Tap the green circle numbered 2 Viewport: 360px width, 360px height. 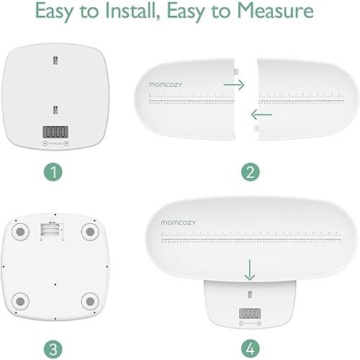coord(249,173)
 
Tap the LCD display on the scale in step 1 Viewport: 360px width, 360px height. coord(56,132)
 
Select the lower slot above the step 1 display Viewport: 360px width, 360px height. coord(56,109)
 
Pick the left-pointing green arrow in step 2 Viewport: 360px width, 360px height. coord(261,114)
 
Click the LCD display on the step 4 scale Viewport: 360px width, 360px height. coord(249,314)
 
